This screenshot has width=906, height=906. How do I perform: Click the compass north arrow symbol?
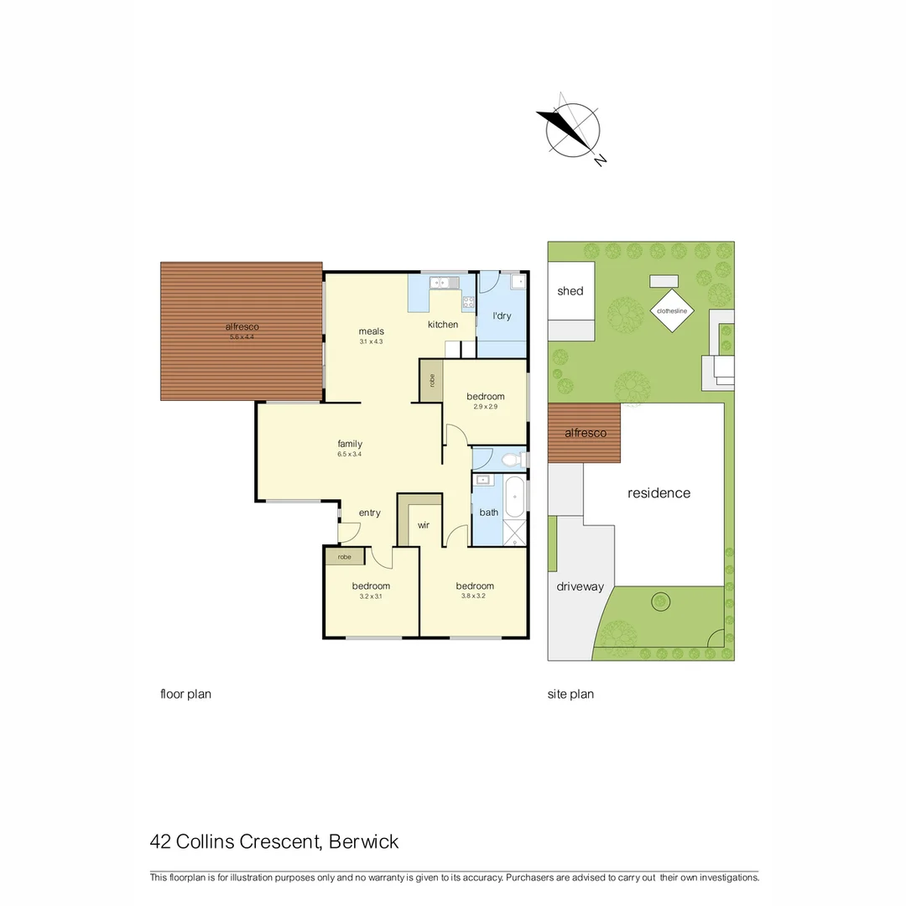click(x=573, y=130)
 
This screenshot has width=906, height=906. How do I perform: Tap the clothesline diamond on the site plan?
click(x=671, y=311)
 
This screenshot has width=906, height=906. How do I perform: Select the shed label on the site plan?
click(x=570, y=291)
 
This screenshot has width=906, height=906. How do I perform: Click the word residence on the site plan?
click(x=659, y=493)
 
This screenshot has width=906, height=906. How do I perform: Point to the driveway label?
click(x=580, y=586)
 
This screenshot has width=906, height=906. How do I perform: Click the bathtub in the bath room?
click(x=514, y=496)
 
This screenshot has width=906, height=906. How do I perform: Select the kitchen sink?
click(x=443, y=283)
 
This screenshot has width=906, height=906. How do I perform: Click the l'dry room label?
click(x=502, y=316)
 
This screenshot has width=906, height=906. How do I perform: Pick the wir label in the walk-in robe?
click(x=424, y=525)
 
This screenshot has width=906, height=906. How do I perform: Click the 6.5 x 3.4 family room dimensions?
click(x=350, y=455)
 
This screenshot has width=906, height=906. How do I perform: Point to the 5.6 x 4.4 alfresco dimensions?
click(x=242, y=337)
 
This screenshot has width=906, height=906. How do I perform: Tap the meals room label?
click(x=371, y=331)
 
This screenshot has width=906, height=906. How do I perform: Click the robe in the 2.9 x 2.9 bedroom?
click(x=431, y=380)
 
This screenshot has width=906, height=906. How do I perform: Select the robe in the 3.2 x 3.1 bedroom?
click(x=345, y=556)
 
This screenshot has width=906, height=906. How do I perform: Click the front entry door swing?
click(x=349, y=531)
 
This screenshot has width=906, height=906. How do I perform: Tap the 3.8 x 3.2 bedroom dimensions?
click(x=475, y=596)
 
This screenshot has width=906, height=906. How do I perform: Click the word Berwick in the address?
click(x=364, y=841)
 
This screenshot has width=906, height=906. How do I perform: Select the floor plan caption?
click(x=185, y=694)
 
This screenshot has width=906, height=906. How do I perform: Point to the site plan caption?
click(x=570, y=694)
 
